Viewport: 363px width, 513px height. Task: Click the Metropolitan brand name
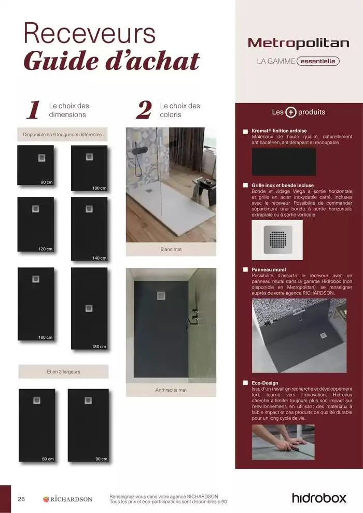click(299, 43)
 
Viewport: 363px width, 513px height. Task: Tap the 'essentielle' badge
click(318, 61)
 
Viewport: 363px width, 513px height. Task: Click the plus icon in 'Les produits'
click(291, 112)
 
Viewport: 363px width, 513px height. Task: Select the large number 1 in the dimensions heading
click(33, 110)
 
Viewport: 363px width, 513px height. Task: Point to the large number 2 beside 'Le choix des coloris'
click(144, 110)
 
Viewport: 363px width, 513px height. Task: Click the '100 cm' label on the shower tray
click(99, 188)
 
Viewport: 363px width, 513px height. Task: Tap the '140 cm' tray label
click(99, 258)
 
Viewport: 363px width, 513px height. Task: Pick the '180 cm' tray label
click(99, 347)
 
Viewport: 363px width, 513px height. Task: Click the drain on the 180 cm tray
click(89, 308)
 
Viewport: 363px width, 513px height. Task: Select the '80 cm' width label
click(48, 459)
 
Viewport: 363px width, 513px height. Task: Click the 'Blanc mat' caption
click(171, 249)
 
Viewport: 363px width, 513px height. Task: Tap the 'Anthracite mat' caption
click(171, 390)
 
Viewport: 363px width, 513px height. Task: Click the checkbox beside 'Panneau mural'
click(245, 270)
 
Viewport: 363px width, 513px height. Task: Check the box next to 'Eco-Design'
click(245, 383)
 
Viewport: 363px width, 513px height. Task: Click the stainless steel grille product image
click(277, 240)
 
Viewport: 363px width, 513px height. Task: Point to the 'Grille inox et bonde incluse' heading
click(283, 185)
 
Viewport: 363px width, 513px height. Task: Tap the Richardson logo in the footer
click(67, 499)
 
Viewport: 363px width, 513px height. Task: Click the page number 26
click(21, 499)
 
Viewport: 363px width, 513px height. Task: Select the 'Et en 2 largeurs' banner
click(63, 372)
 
